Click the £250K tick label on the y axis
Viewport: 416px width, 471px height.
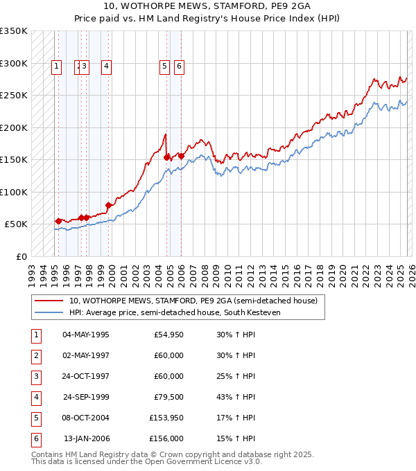pos(14,96)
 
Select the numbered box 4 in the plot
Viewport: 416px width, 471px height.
pos(106,66)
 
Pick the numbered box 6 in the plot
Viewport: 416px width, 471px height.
pos(179,66)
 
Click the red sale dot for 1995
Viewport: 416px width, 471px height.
pos(58,221)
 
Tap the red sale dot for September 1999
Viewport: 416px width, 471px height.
pos(108,205)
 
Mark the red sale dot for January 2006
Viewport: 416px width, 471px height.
pos(181,156)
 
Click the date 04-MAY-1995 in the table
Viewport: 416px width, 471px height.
pos(85,335)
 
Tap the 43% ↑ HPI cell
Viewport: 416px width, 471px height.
pos(236,398)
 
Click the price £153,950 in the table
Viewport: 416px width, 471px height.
pos(166,418)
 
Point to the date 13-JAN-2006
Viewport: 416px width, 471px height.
pos(85,439)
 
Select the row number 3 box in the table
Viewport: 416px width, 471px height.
pos(35,377)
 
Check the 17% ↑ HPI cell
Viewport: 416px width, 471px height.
pos(236,418)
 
